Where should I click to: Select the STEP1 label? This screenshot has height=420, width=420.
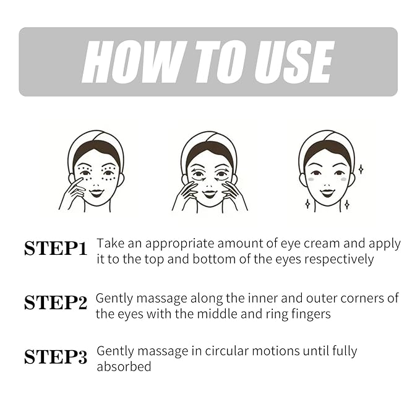[x=56, y=248]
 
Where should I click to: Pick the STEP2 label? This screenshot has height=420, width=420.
[x=56, y=302]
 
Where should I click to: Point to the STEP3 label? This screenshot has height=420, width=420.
[x=56, y=357]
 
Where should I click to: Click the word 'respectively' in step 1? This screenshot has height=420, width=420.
[x=339, y=260]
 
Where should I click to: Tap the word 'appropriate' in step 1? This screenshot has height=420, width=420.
[x=180, y=244]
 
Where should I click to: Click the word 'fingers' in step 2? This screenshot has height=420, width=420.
[x=311, y=314]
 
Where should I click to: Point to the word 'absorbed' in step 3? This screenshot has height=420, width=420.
[x=124, y=367]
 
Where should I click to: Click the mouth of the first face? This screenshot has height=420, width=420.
[x=96, y=192]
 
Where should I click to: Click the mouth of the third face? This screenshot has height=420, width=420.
[x=327, y=192]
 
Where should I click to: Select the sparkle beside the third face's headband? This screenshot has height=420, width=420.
[x=361, y=169]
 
